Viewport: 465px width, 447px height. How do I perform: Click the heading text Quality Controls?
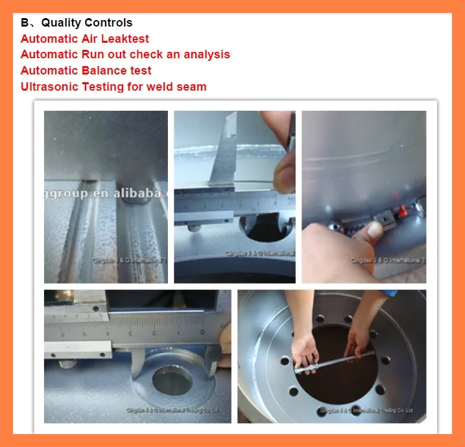pos(87,23)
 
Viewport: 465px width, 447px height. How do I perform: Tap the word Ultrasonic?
pos(49,86)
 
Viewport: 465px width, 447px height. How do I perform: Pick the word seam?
pos(193,86)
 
